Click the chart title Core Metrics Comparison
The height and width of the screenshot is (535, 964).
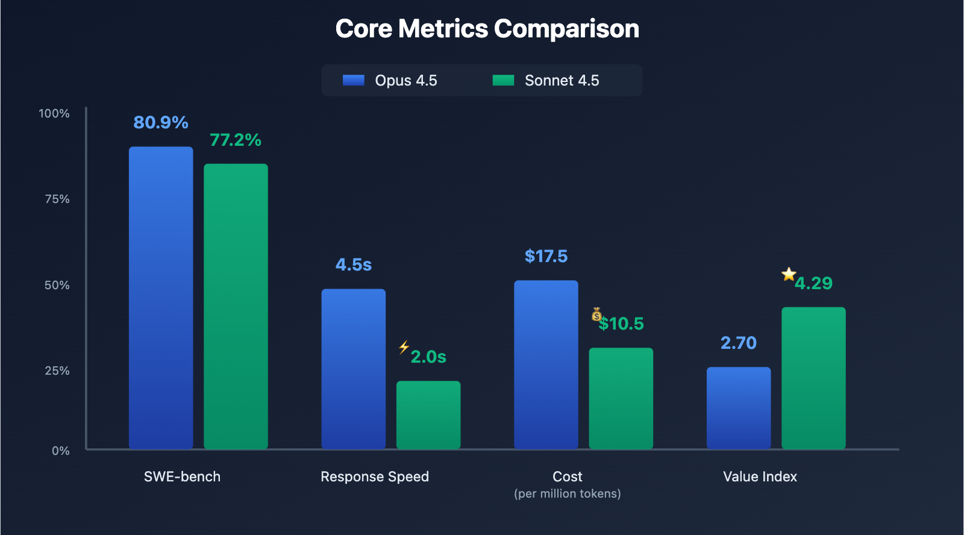tap(487, 29)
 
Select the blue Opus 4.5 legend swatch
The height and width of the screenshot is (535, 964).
tap(354, 80)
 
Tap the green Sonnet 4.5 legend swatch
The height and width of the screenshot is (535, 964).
tap(503, 80)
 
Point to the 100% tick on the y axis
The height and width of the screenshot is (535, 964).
tap(54, 113)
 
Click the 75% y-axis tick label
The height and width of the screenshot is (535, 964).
tap(57, 199)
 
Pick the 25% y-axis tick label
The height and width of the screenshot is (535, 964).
tap(57, 371)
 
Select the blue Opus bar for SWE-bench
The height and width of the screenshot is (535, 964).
tap(161, 298)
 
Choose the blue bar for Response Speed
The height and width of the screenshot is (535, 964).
tap(353, 369)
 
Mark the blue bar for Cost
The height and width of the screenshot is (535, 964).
tap(546, 364)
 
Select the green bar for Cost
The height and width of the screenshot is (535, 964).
tap(621, 398)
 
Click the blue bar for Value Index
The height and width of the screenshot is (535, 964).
tap(739, 408)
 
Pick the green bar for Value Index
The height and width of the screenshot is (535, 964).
tap(813, 378)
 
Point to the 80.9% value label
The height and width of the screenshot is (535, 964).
tap(161, 122)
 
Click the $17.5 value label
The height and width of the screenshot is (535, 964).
tap(546, 256)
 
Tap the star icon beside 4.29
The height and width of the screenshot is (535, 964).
tap(789, 274)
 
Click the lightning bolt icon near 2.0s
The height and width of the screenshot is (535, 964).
tap(404, 347)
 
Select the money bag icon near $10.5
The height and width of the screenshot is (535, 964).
tap(596, 314)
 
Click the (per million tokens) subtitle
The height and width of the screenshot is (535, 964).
tap(567, 493)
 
